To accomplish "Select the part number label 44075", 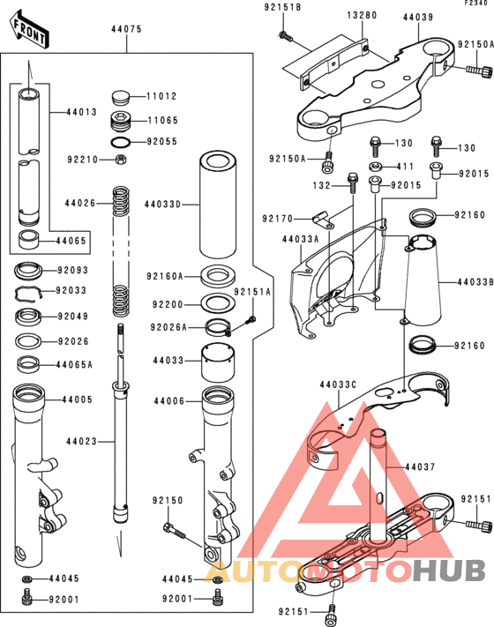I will coord(126,29).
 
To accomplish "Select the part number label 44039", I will coord(418,15).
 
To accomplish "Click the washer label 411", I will coord(404,166).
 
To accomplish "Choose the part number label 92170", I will coord(279,217).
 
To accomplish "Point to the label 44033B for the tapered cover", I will coord(474,283).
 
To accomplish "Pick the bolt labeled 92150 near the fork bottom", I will coord(174,530).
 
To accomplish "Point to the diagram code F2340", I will coord(475,4).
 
